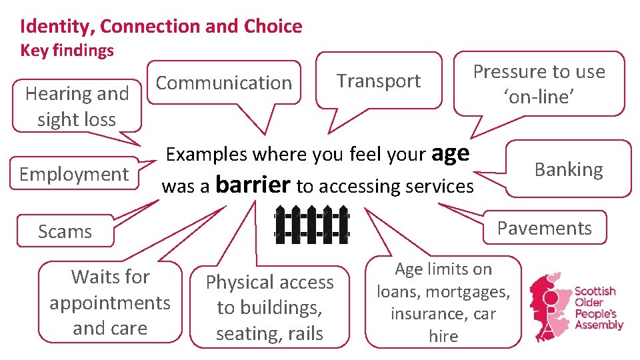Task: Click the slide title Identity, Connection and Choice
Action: click(161, 27)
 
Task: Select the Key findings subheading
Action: click(67, 51)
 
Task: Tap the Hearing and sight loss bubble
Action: click(77, 107)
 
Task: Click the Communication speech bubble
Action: click(223, 83)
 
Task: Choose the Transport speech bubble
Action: click(378, 81)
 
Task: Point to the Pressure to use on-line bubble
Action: click(539, 83)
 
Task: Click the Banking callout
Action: click(568, 169)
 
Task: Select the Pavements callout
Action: click(544, 228)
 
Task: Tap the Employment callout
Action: click(73, 174)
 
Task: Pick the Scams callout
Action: click(65, 231)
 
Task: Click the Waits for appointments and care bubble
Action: click(110, 302)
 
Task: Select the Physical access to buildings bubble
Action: click(269, 307)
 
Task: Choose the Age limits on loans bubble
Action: click(443, 302)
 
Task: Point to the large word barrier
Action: click(253, 184)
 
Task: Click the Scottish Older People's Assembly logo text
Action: click(598, 308)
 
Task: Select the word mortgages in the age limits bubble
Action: click(479, 291)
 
